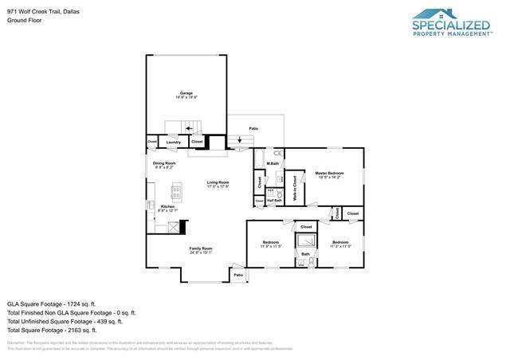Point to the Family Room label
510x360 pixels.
click(201, 249)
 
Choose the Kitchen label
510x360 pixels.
click(168, 208)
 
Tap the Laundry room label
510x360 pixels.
click(173, 142)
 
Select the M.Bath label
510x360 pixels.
click(273, 163)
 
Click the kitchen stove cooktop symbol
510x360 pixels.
click(176, 192)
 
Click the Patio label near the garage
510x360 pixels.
click(253, 128)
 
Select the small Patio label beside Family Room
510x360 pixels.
click(237, 275)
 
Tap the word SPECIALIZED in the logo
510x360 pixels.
click(451, 25)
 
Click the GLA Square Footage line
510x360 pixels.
click(51, 303)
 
